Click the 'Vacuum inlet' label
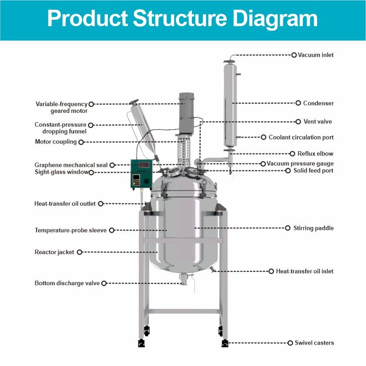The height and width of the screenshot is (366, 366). [x=316, y=55]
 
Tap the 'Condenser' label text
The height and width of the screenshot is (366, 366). [x=318, y=103]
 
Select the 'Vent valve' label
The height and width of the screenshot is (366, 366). [x=318, y=122]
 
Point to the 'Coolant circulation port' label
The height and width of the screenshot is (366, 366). [x=301, y=137]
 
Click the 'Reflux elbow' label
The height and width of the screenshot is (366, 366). [x=315, y=154]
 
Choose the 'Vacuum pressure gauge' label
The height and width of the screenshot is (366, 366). [x=300, y=163]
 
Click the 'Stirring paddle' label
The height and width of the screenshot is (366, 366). [x=313, y=228]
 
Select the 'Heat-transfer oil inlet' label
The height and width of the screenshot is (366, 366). [x=305, y=271]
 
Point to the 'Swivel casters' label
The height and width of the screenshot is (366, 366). [x=314, y=343]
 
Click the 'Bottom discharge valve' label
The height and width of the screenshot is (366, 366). [x=67, y=283]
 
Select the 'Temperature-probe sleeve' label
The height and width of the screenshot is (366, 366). [x=71, y=230]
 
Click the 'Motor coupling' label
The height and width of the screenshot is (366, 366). [x=56, y=142]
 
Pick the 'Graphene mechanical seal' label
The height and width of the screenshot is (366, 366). [x=71, y=165]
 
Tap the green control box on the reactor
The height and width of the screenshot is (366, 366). [x=142, y=176]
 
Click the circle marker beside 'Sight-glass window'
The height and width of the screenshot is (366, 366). [x=91, y=172]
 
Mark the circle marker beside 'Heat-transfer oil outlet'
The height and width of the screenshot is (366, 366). [x=101, y=204]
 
